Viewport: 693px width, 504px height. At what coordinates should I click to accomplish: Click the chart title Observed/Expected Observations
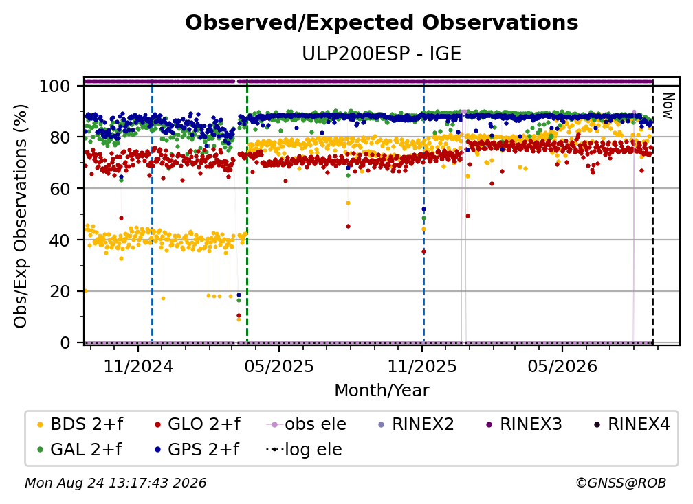[382, 23]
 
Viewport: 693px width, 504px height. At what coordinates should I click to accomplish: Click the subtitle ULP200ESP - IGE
[382, 54]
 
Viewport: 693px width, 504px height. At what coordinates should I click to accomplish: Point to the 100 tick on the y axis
[55, 86]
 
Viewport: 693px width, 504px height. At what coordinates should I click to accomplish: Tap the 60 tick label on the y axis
[60, 189]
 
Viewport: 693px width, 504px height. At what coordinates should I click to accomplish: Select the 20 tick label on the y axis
[60, 292]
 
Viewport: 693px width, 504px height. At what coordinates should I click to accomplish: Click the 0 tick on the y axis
[65, 343]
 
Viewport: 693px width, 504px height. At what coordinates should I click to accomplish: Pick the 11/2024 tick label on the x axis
[138, 366]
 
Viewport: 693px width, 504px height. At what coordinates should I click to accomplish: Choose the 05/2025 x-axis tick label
[279, 366]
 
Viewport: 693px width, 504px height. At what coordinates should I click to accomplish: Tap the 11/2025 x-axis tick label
[422, 366]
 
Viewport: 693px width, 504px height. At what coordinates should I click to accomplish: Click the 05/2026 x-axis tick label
[562, 366]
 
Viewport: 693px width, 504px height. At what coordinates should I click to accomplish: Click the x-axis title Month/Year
[382, 391]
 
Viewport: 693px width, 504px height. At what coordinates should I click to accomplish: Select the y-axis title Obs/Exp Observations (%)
[21, 216]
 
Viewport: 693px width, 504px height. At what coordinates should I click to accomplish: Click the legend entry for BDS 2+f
[80, 424]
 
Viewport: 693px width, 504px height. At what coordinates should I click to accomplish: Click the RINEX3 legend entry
[524, 424]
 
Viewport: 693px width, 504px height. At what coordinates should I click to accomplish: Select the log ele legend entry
[304, 449]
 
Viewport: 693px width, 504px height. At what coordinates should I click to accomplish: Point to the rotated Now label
[668, 106]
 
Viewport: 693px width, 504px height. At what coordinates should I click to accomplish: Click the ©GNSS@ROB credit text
[621, 483]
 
